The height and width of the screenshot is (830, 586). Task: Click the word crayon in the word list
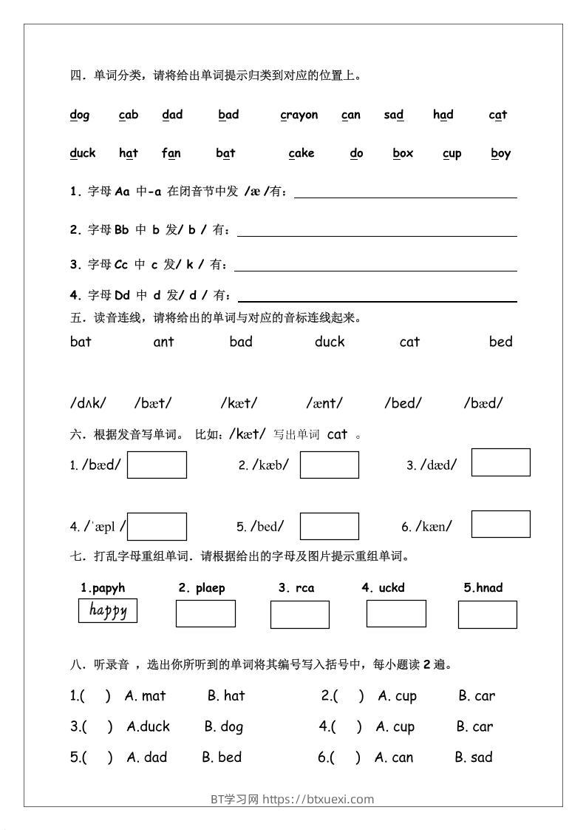click(x=299, y=115)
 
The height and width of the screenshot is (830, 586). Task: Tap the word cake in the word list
click(x=301, y=153)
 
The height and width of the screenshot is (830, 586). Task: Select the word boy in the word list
click(x=501, y=153)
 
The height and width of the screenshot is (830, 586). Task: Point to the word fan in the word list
click(x=171, y=153)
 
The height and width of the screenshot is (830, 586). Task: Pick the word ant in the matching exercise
click(x=163, y=342)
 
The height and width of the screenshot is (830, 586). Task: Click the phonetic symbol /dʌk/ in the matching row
click(x=88, y=403)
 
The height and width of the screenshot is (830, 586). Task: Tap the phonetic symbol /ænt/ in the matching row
click(x=324, y=403)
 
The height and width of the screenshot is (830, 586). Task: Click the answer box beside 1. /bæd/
click(x=157, y=465)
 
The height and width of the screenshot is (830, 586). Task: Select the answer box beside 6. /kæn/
click(x=500, y=524)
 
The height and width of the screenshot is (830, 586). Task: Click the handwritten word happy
click(x=108, y=611)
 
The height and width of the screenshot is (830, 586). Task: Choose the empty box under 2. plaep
click(x=205, y=613)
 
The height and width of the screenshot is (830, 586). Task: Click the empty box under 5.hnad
click(x=487, y=614)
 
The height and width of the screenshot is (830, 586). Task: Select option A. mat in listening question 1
click(x=146, y=696)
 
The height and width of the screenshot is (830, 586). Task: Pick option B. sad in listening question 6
click(x=474, y=758)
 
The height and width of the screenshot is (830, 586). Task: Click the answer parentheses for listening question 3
click(x=97, y=727)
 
